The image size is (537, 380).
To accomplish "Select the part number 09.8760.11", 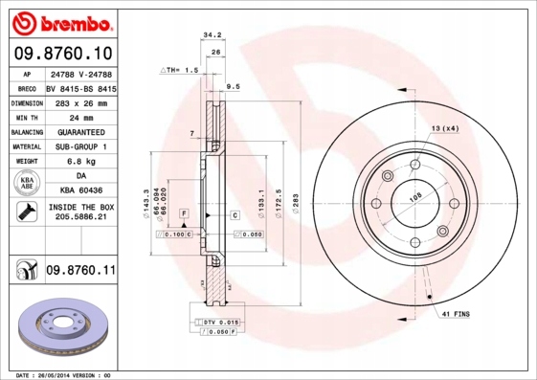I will (x=80, y=271).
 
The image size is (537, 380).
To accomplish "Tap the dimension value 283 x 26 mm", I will (x=80, y=101).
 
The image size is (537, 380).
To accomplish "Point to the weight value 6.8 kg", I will (x=80, y=162).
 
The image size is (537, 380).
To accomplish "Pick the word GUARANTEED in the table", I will (x=80, y=131).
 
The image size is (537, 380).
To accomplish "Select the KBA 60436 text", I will (x=80, y=192).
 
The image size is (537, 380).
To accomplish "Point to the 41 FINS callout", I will (x=455, y=313).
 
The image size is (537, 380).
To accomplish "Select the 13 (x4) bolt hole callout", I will (x=444, y=127).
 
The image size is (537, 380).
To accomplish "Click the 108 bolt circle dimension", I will (x=415, y=199).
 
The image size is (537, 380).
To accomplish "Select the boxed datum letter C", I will (x=235, y=216).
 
